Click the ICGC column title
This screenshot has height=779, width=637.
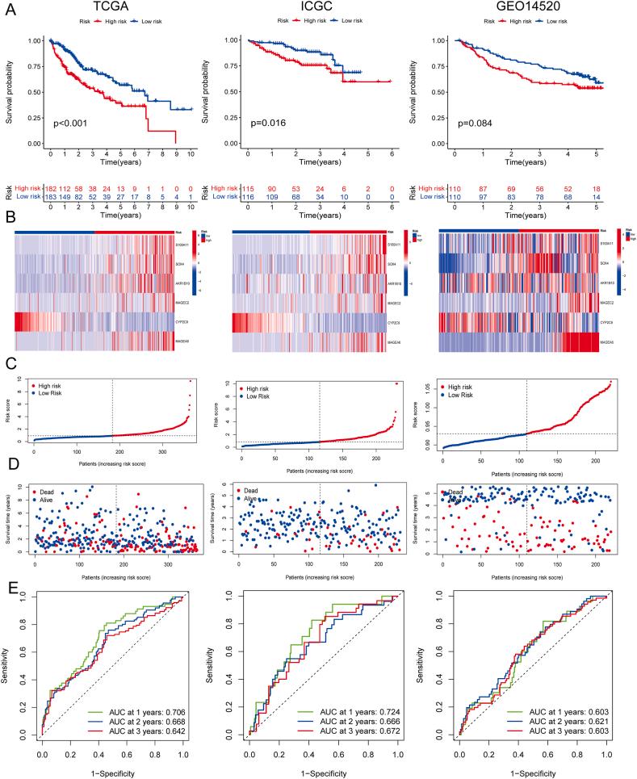[326, 10]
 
